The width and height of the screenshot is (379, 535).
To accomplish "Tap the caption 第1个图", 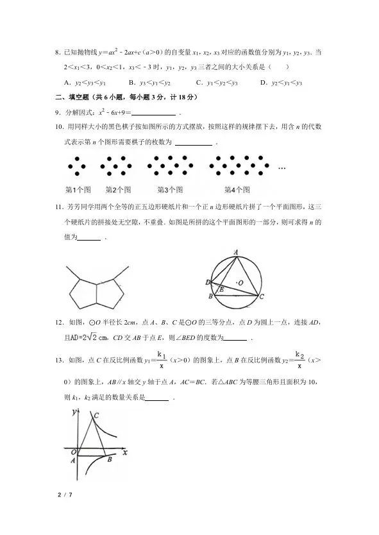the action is tap(79, 190).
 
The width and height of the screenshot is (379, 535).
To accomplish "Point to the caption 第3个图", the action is tap(170, 190).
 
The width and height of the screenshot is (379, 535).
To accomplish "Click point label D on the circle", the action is tap(207, 282).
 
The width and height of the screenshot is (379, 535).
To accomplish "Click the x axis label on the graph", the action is tap(126, 452).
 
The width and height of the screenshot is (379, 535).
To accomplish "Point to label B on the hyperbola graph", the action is tap(110, 459).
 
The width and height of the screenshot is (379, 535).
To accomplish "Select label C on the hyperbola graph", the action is tap(96, 416).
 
